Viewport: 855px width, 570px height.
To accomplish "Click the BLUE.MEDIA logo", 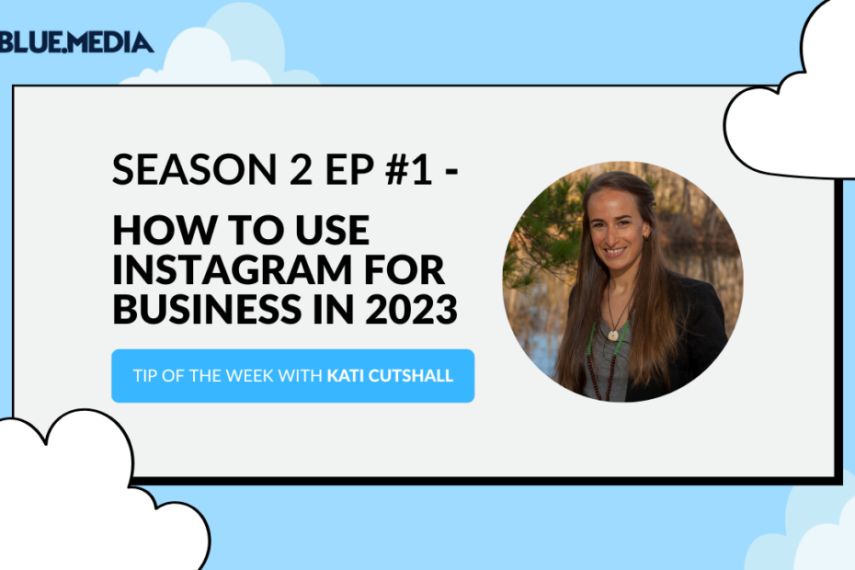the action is (x=76, y=42).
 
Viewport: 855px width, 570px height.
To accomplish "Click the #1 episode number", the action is (x=408, y=170).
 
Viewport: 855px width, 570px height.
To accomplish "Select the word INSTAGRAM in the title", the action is (x=233, y=269).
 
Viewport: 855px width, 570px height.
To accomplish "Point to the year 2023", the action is (x=411, y=309).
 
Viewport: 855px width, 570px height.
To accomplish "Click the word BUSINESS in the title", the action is (x=207, y=309).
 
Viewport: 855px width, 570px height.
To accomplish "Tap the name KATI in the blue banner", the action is (x=346, y=376).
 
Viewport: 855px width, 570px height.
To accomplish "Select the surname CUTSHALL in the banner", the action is (x=411, y=376).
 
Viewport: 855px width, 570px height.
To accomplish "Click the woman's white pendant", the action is (x=613, y=335).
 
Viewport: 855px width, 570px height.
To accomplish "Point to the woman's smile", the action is (x=616, y=252).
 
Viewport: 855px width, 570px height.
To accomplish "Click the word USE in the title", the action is (x=333, y=230).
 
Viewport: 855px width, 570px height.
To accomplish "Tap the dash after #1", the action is (x=451, y=171).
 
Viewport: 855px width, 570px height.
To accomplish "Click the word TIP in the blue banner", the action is (x=145, y=376).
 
